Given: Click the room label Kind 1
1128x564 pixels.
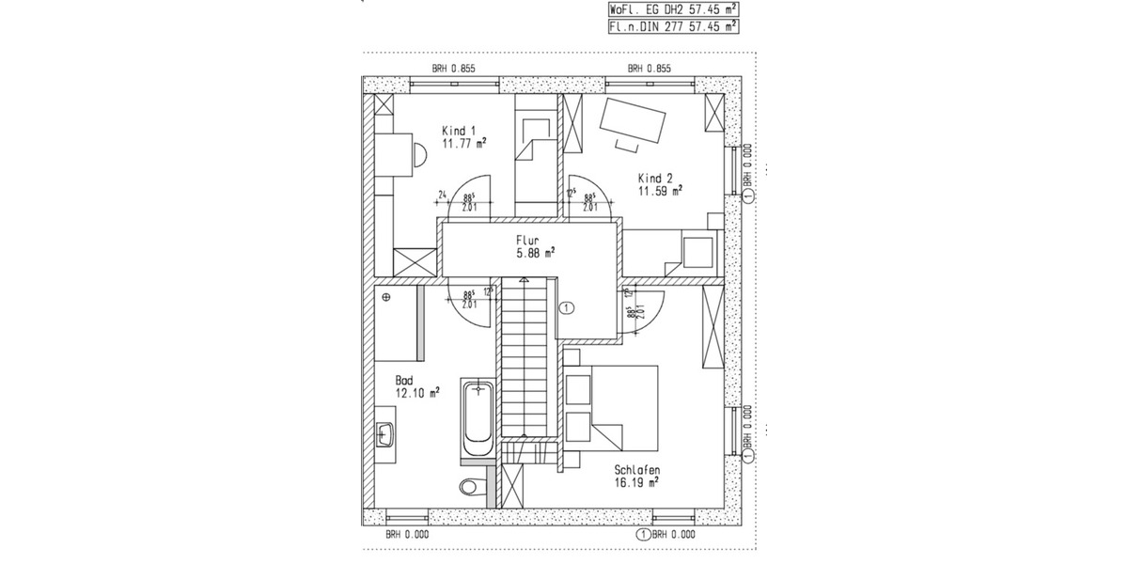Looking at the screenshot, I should [x=460, y=131].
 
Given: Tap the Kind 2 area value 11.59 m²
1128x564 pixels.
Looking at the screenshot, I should [x=660, y=190].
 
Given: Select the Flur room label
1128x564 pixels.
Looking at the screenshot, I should [x=526, y=240].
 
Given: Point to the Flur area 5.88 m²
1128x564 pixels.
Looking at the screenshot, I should [x=535, y=252].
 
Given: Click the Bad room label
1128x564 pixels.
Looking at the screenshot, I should [x=404, y=381].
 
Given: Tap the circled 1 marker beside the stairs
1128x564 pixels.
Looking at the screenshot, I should [x=566, y=306].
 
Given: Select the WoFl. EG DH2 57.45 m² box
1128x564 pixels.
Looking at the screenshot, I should [x=673, y=10].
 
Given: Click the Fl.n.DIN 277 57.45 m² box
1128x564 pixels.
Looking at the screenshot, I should [x=673, y=27].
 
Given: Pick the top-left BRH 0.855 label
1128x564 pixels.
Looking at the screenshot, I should [x=453, y=69].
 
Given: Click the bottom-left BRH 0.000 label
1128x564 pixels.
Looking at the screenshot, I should [x=406, y=534].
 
